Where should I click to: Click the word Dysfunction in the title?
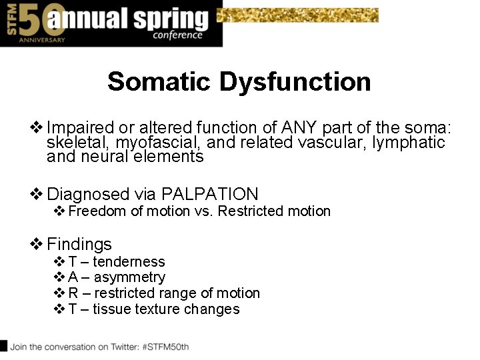295,82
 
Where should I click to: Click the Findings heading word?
79,244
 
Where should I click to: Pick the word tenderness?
129,262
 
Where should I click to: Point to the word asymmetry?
129,277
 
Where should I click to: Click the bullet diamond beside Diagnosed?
37,194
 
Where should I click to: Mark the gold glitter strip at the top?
298,15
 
